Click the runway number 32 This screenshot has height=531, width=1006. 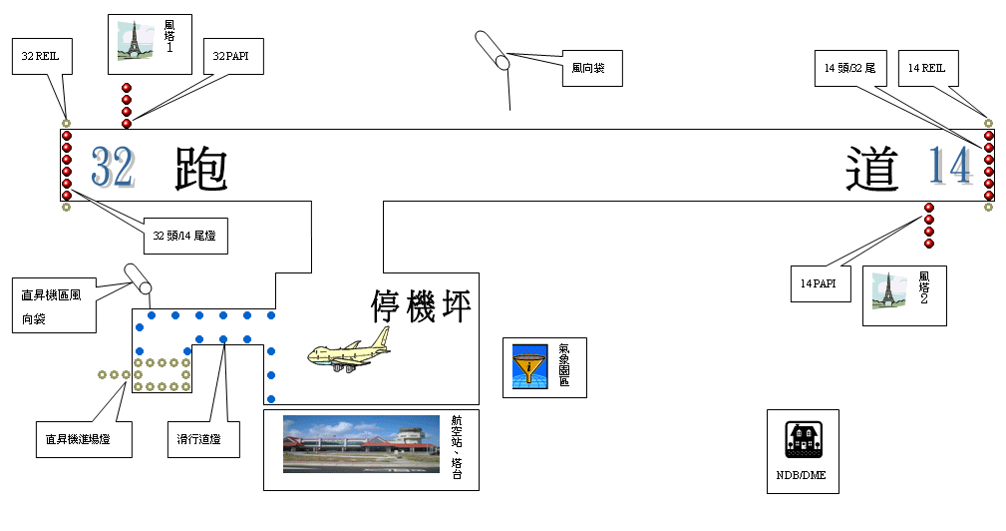(x=112, y=167)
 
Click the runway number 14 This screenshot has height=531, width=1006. (x=949, y=166)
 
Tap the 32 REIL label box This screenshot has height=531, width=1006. (x=41, y=57)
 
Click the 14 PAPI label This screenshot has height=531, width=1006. (x=816, y=283)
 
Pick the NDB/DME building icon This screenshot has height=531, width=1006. (x=803, y=440)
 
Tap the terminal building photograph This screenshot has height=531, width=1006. (x=361, y=443)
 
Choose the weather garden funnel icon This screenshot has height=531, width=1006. (x=529, y=366)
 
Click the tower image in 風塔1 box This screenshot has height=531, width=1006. (x=132, y=42)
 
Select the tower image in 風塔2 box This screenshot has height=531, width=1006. (x=887, y=290)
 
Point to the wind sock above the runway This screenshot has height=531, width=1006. (x=492, y=49)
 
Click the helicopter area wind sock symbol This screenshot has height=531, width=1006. (x=136, y=276)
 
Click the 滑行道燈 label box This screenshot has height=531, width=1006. (x=201, y=437)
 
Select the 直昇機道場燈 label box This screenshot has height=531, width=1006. (x=83, y=437)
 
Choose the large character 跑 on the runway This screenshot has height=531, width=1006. (x=200, y=169)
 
